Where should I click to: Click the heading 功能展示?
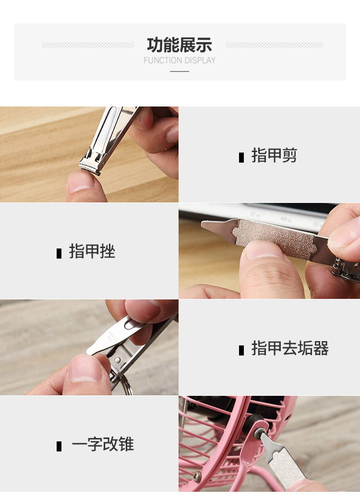(x=180, y=45)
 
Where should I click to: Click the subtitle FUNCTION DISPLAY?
(x=180, y=60)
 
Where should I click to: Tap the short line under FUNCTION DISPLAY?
(x=180, y=71)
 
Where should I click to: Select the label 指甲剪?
(x=274, y=155)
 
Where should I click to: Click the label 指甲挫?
(x=92, y=251)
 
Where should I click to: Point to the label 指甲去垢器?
(x=290, y=348)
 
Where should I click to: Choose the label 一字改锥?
(x=103, y=444)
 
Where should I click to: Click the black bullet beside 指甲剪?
(x=241, y=157)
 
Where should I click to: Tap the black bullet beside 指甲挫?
(x=59, y=253)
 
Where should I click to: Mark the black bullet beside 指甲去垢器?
(x=241, y=350)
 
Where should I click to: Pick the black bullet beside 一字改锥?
(x=59, y=446)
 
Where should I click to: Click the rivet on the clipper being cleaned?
(x=118, y=360)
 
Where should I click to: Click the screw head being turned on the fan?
(x=259, y=432)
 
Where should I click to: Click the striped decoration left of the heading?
(x=88, y=45)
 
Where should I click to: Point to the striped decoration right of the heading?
(x=274, y=45)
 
